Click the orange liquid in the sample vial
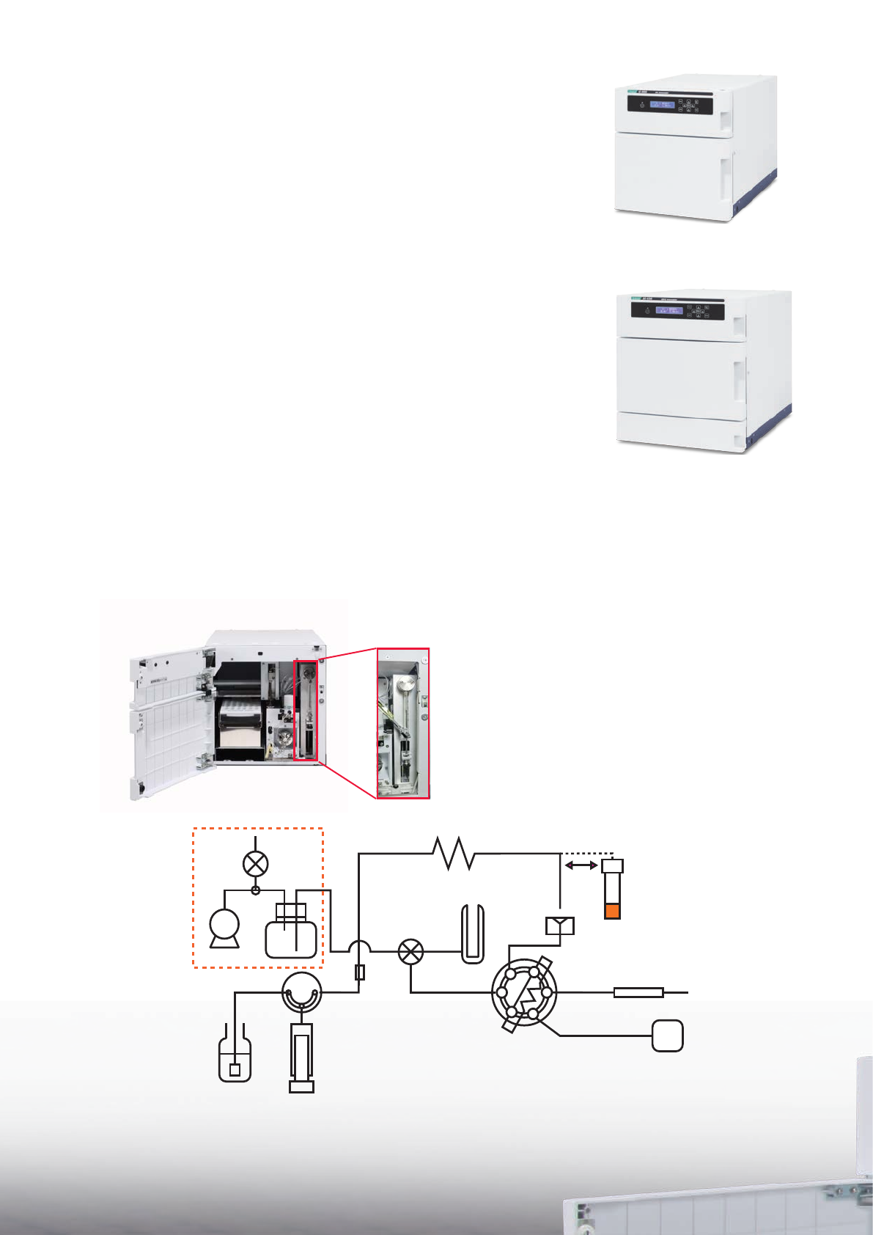click(x=612, y=911)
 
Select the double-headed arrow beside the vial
click(x=581, y=865)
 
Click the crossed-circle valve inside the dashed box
click(x=255, y=863)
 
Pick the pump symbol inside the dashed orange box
click(x=224, y=926)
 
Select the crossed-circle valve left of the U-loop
click(x=410, y=952)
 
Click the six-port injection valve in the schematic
click(x=524, y=993)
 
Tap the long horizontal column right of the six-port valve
click(x=638, y=993)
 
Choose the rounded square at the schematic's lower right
click(x=668, y=1036)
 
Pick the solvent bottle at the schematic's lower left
click(x=235, y=1059)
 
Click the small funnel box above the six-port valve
click(x=560, y=926)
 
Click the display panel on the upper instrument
click(x=662, y=105)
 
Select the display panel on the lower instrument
click(x=668, y=310)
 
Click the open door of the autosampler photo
click(x=167, y=720)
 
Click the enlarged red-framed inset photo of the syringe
click(x=403, y=723)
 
